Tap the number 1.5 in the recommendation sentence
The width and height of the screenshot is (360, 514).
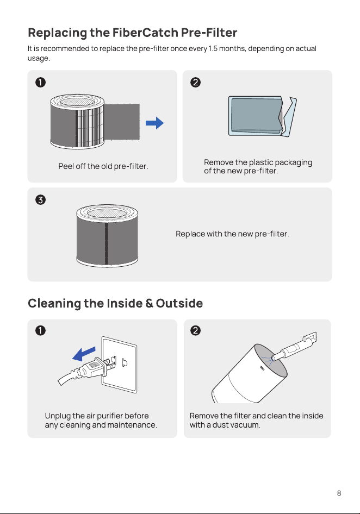click(x=213, y=48)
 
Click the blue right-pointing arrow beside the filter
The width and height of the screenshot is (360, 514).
click(x=154, y=123)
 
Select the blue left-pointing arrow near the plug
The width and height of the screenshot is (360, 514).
click(x=84, y=354)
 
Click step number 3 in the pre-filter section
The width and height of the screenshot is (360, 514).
click(x=40, y=199)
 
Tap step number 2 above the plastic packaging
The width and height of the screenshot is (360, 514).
click(x=195, y=82)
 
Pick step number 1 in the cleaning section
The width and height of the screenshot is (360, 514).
click(x=40, y=330)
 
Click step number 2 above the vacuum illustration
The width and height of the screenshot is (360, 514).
click(x=195, y=330)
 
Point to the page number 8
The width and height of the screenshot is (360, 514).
click(x=339, y=493)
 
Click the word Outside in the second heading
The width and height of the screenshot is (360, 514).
click(x=179, y=303)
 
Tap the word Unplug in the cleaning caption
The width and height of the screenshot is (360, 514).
click(x=58, y=416)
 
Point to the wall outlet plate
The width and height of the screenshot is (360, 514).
click(x=120, y=365)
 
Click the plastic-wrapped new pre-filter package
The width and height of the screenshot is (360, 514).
click(x=263, y=116)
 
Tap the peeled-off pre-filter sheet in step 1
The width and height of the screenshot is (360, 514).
click(x=122, y=122)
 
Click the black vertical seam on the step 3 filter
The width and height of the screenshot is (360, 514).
click(x=107, y=243)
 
